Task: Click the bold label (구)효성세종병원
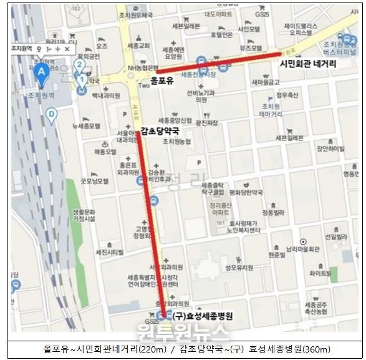click(x=203, y=316)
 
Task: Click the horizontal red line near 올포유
click(x=218, y=63)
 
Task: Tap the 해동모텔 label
click(x=105, y=152)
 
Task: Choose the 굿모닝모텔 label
click(x=94, y=181)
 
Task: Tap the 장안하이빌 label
click(x=330, y=148)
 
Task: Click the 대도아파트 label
click(x=218, y=13)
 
